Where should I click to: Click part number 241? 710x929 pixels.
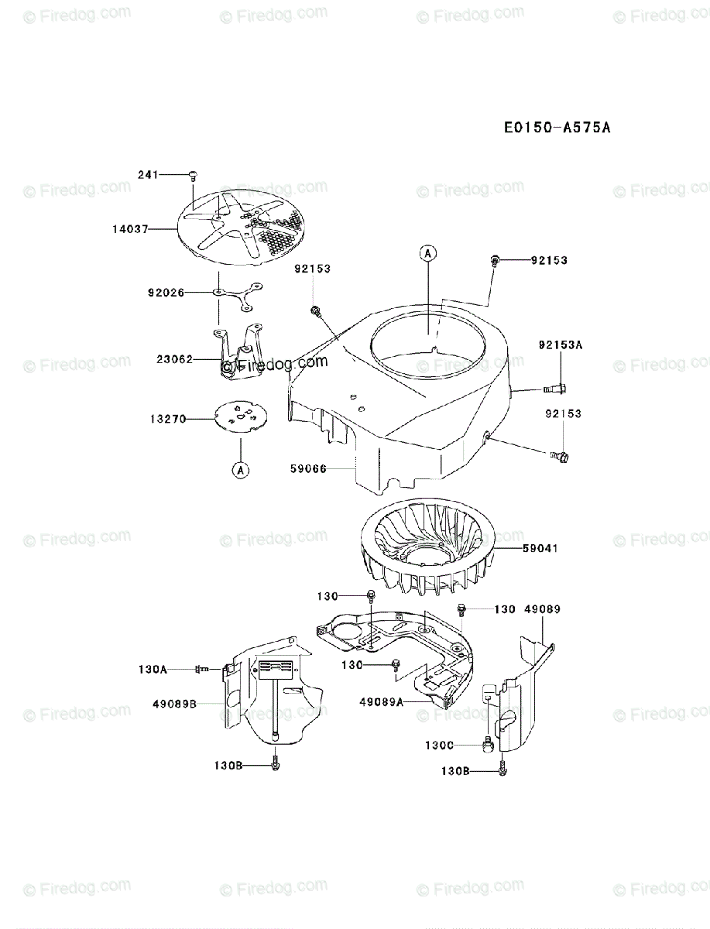pyautogui.click(x=148, y=175)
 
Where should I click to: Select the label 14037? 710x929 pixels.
pyautogui.click(x=130, y=228)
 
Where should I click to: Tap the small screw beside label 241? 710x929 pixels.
pyautogui.click(x=191, y=176)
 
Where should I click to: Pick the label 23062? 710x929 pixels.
pyautogui.click(x=174, y=359)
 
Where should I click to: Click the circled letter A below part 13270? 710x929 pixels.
pyautogui.click(x=240, y=469)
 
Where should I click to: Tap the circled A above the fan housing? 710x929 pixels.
pyautogui.click(x=427, y=252)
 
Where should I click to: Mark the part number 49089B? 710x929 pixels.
pyautogui.click(x=174, y=703)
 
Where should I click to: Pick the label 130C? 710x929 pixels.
pyautogui.click(x=439, y=745)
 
